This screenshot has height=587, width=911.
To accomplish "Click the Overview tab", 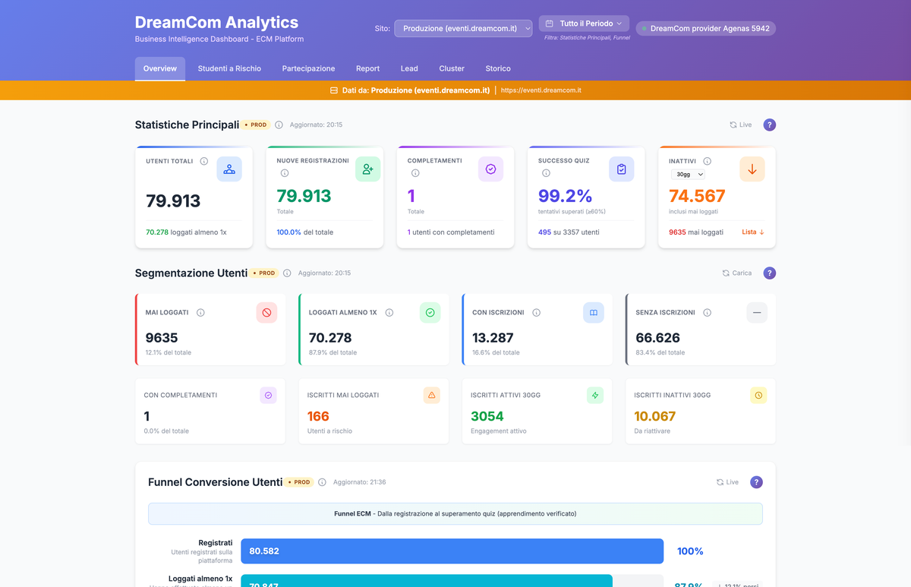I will coord(159,68).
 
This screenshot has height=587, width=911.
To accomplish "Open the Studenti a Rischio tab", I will coord(229,68).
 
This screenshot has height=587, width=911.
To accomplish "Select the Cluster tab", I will coord(452,68).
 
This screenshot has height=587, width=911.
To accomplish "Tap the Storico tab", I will coord(498,68).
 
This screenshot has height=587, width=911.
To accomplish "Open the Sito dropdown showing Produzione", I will coord(463,28).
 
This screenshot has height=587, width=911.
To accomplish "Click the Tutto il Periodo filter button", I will coord(584,24).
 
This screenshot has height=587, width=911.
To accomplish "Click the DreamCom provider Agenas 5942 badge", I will coord(705,28).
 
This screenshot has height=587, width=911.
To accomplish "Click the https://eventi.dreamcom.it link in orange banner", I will coord(541,90).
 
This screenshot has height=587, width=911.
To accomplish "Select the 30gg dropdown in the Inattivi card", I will coord(687,175).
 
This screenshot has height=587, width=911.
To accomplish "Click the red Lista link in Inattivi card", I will coord(752,232).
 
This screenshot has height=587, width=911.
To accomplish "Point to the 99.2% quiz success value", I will coord(565,196).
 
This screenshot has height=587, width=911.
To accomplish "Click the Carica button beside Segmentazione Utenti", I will coord(736,273).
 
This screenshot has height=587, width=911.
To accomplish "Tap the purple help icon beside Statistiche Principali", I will coord(769,125).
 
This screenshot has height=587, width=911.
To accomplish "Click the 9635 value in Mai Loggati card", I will coord(162,338).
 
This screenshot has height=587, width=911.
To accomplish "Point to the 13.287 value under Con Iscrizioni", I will coord(493,338).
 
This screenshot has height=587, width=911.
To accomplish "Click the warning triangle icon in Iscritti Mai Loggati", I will coord(431,395).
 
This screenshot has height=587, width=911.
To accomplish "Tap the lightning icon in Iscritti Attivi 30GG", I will coord(594,395).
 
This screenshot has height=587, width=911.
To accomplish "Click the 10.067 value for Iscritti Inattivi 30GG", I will coord(654,416).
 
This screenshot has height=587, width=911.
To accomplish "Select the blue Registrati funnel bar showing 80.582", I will coord(452,551).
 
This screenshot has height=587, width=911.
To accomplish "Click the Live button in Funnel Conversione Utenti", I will coord(727,482).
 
